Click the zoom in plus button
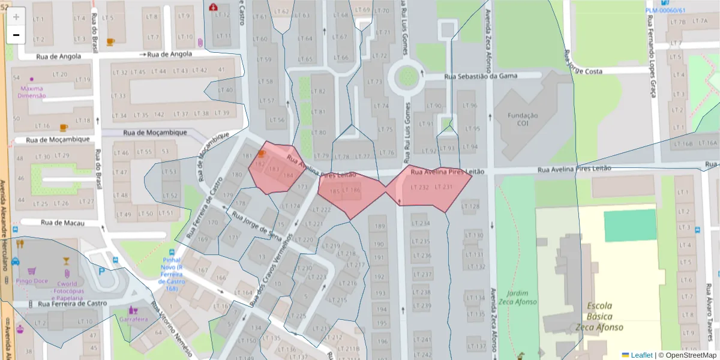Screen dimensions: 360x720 pos(16,17)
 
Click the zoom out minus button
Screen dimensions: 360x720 pos(16,35)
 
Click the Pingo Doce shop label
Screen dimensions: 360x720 pos(32,281)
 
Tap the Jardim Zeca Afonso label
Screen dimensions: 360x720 pos(521,298)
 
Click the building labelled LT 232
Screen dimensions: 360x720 pos(419,188)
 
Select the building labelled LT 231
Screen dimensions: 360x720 pos(443,188)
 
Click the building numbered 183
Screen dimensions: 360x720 pos(275,170)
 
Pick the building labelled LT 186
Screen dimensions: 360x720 pos(353,191)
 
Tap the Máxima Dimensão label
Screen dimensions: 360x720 pos(32,92)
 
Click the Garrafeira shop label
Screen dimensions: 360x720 pos(133,319)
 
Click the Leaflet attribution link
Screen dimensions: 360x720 pos(641,355)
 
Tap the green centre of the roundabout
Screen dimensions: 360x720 pos(408,76)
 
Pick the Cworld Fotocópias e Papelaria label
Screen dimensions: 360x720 pos(67,290)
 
